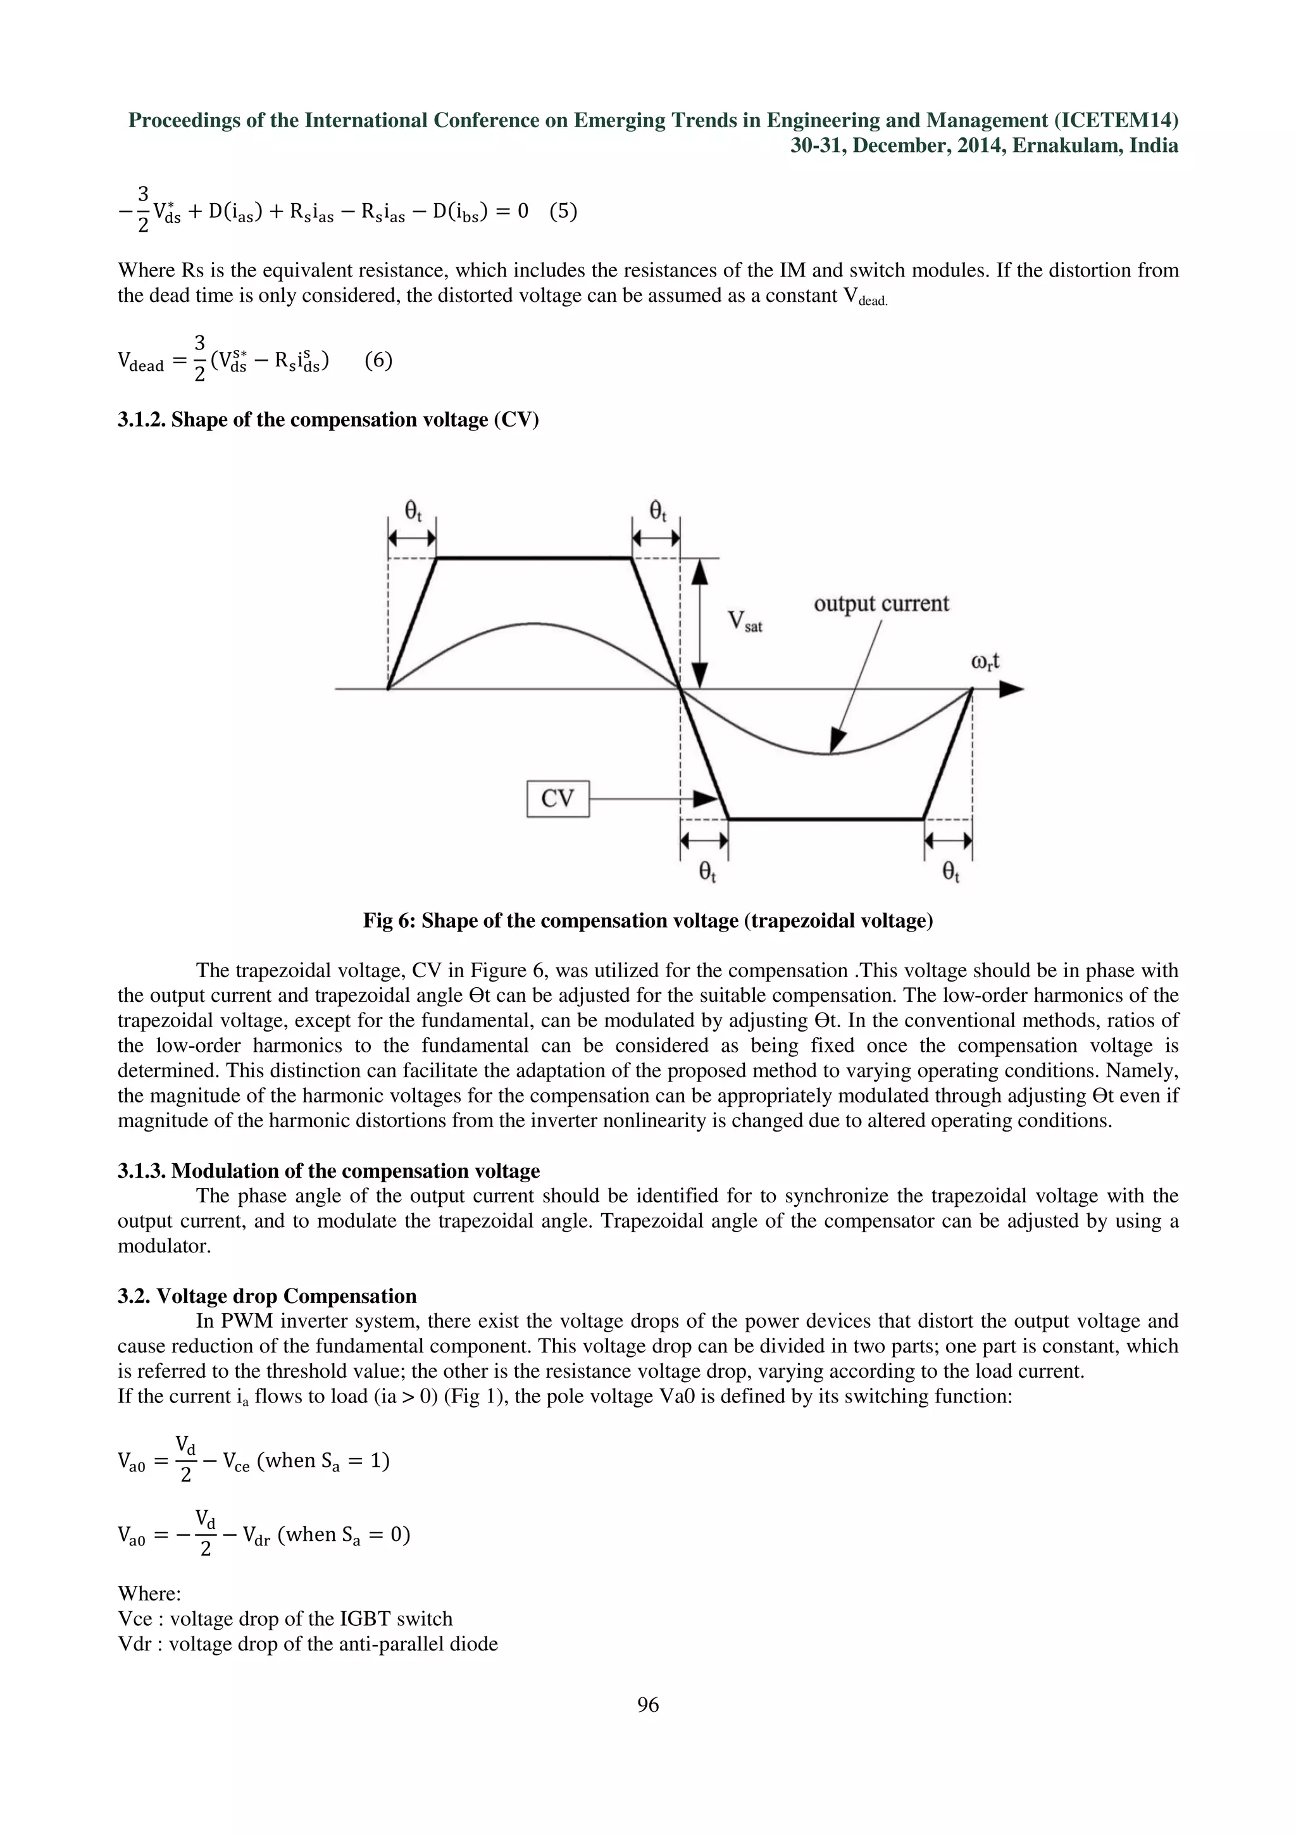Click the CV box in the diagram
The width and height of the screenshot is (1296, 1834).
558,799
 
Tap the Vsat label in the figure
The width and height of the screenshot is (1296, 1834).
744,621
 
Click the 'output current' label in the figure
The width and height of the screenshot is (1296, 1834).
881,604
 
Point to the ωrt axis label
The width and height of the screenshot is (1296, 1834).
985,661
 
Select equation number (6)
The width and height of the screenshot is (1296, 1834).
378,361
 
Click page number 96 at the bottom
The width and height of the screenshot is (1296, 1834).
647,1706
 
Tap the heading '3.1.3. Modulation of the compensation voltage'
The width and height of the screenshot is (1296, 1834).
328,1171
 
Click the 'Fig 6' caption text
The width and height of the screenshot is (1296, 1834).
647,921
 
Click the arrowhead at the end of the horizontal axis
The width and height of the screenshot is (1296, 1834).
1012,689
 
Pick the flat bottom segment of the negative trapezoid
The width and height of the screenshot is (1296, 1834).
825,819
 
